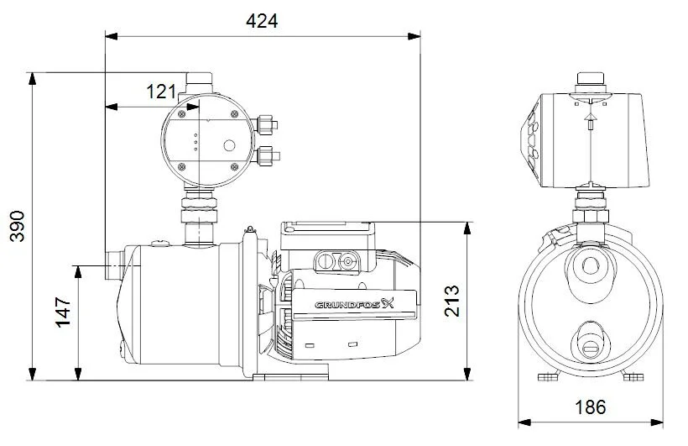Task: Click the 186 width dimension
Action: [590, 407]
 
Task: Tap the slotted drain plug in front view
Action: [590, 343]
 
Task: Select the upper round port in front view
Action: [590, 267]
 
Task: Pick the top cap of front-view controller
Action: [590, 81]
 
